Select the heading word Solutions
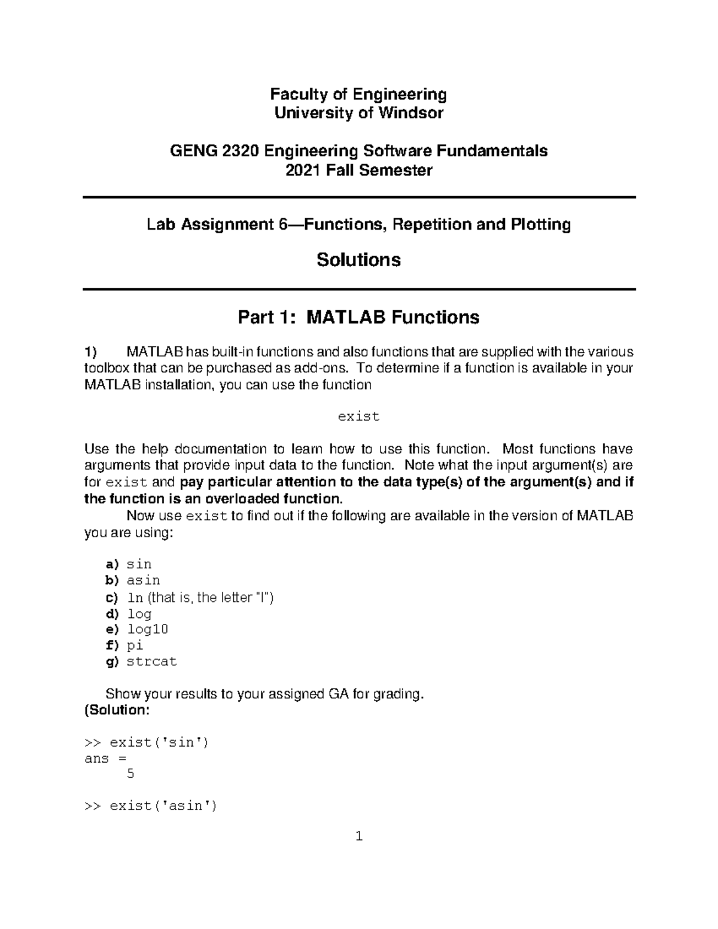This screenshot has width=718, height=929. (358, 260)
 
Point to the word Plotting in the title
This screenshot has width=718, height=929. (540, 225)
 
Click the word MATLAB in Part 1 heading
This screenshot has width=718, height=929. (346, 317)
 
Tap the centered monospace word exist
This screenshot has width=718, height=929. (358, 416)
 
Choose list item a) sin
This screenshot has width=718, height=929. (139, 564)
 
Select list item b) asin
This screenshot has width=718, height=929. (143, 580)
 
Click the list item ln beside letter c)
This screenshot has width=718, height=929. (135, 597)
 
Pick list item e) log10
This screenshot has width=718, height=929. (147, 629)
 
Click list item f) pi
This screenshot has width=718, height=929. (135, 645)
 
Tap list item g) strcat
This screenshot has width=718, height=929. (151, 662)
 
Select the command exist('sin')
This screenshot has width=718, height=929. (159, 742)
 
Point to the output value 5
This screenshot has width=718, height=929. (130, 774)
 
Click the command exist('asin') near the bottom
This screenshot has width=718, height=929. (163, 806)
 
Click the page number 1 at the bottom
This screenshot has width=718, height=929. (359, 836)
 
